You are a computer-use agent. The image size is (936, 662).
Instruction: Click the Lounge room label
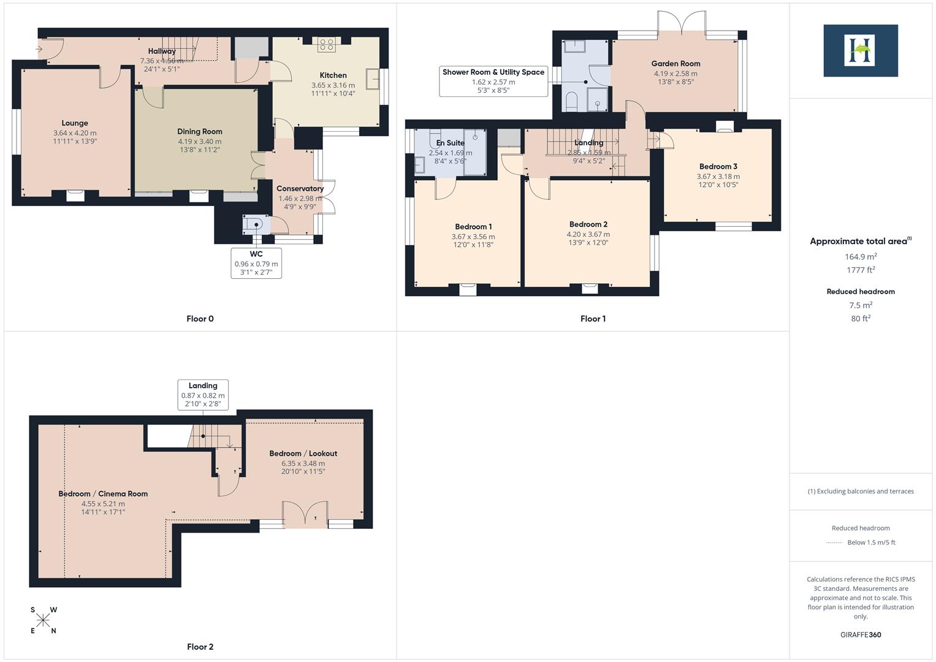pos(75,123)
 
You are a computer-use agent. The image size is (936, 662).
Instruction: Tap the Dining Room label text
pos(199,131)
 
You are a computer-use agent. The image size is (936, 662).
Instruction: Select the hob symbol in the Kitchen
pos(325,44)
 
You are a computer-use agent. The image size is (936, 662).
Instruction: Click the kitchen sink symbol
pos(372,79)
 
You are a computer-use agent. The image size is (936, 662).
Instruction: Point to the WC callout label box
pos(256,263)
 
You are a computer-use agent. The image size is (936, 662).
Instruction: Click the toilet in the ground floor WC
pos(253,224)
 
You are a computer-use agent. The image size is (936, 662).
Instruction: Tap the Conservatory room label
pos(300,188)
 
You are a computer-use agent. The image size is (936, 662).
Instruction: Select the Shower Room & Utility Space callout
pos(493,81)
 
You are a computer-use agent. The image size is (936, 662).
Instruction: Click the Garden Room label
pos(675,63)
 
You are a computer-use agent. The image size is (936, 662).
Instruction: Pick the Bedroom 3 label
pos(718,166)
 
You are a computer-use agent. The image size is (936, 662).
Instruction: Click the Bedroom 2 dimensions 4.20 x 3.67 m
pos(588,234)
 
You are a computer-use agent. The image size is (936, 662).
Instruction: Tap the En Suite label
pos(451,143)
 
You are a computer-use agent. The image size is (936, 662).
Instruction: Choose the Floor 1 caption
pos(593,319)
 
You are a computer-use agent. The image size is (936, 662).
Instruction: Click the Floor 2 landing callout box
pos(203,395)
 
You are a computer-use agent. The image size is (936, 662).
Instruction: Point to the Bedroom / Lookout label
pos(303,454)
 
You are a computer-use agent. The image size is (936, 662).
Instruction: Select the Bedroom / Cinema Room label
pos(103,493)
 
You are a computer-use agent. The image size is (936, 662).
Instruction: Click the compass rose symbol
pos(43,620)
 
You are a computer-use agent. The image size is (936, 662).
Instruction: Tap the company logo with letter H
pos(860,50)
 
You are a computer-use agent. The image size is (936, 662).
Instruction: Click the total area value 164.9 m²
pos(861,257)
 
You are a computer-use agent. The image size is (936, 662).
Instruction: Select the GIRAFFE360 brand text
pos(861,634)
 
